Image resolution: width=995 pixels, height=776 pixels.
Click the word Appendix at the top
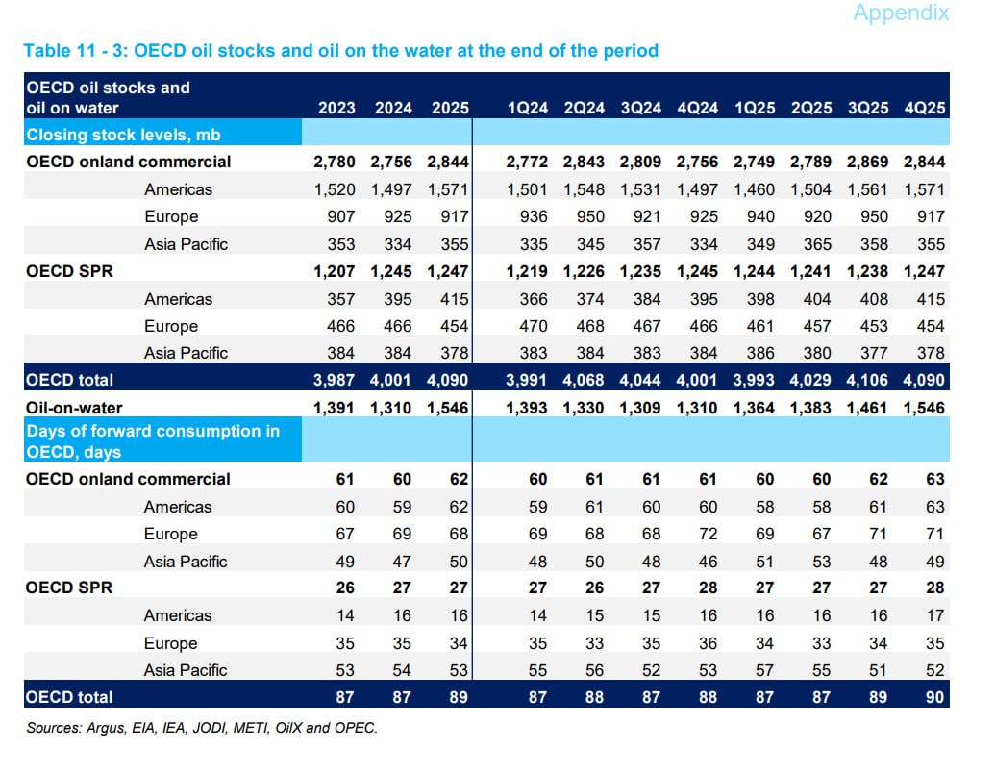click(900, 13)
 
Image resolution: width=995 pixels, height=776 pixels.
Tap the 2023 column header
click(336, 108)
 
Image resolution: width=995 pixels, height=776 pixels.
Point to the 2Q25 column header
click(810, 108)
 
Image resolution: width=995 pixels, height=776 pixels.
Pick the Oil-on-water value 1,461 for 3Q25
click(867, 408)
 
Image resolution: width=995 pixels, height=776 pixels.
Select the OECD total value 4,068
click(584, 380)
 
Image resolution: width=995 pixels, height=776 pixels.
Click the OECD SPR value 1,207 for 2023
click(335, 271)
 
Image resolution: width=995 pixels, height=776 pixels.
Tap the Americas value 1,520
click(335, 189)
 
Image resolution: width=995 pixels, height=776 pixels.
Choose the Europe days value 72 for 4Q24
click(708, 534)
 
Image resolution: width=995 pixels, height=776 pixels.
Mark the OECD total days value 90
click(933, 697)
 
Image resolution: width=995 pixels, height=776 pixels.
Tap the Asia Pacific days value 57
click(764, 670)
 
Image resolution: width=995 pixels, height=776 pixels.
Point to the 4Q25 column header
click(924, 108)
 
